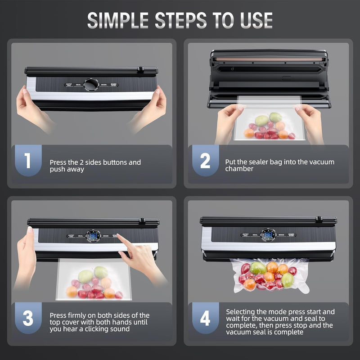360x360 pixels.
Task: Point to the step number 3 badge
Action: [x=28, y=318]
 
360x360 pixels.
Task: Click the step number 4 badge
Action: [x=205, y=318]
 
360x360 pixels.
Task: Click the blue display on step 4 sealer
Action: [x=268, y=235]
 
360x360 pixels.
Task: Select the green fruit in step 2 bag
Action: [x=261, y=120]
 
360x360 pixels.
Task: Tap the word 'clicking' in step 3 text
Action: [x=100, y=329]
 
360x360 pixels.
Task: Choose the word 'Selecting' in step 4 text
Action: [x=241, y=311]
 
